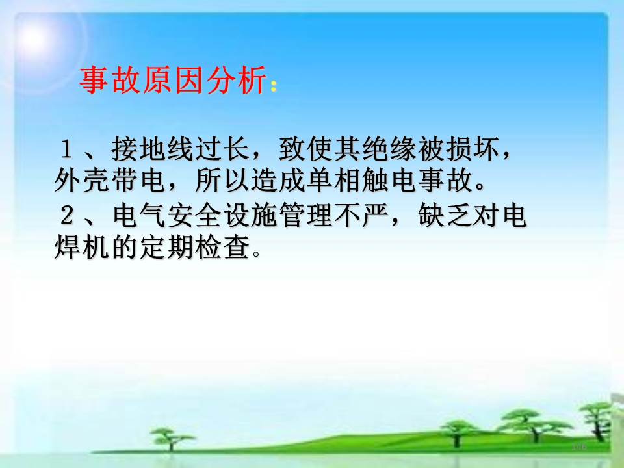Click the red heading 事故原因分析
coord(173,80)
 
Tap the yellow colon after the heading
coord(274,86)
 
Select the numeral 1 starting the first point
coord(66,149)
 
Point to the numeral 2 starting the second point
coord(67,215)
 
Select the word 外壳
coord(82,180)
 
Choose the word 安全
coord(194,215)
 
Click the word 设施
coord(250,215)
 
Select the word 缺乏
coord(445,215)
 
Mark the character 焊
coord(68,247)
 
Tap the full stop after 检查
coord(257,253)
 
